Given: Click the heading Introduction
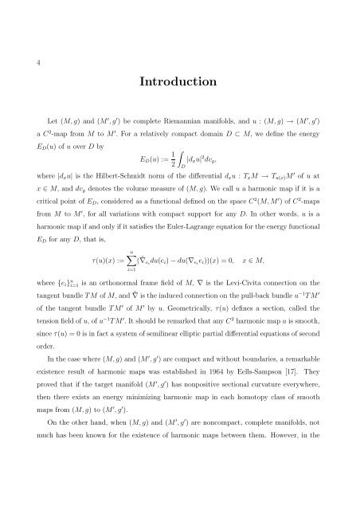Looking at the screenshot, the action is [180, 82].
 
